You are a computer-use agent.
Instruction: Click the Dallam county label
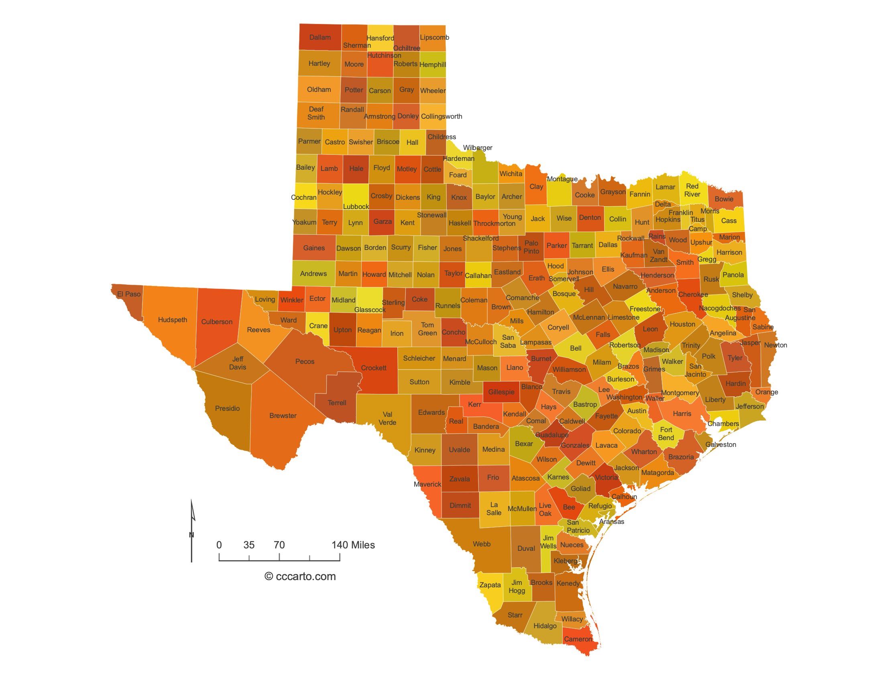[320, 38]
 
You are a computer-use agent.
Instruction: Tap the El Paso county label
[129, 294]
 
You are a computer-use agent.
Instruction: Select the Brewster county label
[283, 415]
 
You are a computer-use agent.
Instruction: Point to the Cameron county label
[578, 639]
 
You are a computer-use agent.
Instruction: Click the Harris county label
[682, 413]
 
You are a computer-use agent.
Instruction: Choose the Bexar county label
[524, 444]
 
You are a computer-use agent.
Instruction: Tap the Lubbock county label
[356, 207]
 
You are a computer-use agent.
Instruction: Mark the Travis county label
[561, 391]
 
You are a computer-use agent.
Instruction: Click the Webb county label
[482, 544]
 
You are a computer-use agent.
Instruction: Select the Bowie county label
[724, 199]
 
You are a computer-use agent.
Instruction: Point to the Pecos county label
[305, 361]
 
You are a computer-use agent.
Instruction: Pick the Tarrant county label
[582, 245]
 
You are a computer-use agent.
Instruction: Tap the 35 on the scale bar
[249, 545]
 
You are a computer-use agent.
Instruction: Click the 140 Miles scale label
[353, 545]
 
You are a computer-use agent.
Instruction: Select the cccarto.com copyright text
[300, 576]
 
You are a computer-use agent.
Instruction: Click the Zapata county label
[490, 585]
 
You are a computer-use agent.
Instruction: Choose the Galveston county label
[720, 445]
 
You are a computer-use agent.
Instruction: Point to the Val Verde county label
[387, 418]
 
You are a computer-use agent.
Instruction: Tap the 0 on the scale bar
[219, 545]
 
